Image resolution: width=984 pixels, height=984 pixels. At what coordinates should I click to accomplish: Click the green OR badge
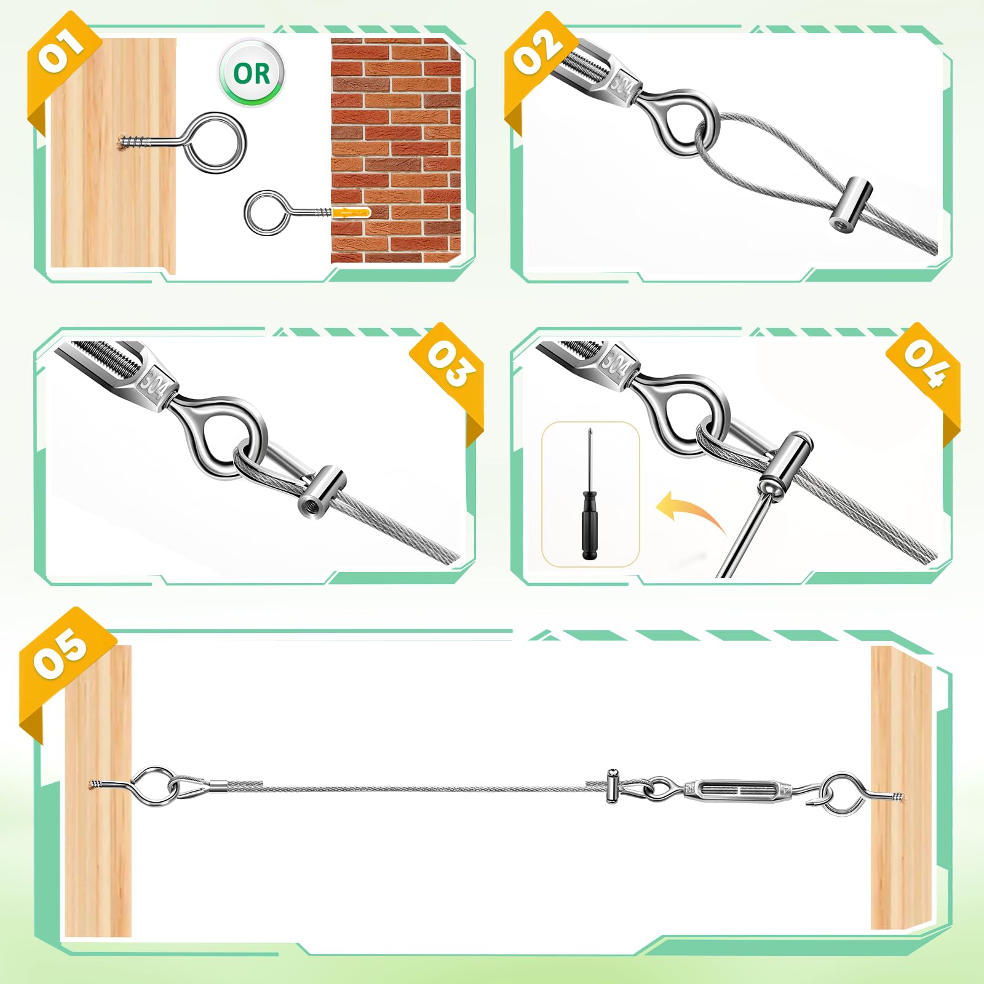coord(252,73)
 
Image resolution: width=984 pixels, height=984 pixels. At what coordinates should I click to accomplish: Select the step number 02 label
coord(538,52)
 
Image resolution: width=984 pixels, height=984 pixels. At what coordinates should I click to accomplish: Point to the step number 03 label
coord(451,364)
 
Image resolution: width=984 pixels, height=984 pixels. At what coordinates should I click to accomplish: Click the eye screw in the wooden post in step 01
coord(184,143)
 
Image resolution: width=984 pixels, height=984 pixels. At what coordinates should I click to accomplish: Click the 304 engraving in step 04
coord(614,363)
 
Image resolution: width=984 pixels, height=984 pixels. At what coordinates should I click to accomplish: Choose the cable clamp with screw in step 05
coord(613,785)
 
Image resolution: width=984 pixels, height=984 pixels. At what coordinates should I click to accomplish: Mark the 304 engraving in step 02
coord(621,85)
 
